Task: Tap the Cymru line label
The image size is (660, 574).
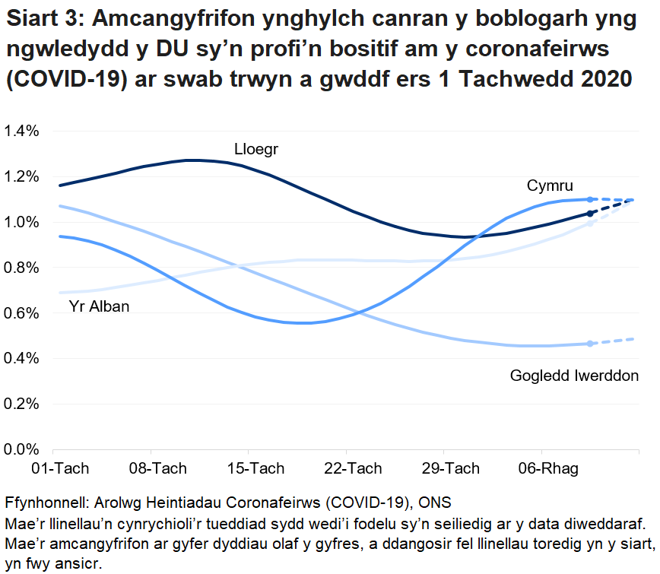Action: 550,186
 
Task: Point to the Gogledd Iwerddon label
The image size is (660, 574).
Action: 574,376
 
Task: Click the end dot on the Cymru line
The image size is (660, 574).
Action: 590,199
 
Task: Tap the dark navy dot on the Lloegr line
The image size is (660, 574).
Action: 590,214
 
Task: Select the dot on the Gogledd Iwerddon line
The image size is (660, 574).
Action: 590,344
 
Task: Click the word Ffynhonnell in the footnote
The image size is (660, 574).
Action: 46,504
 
